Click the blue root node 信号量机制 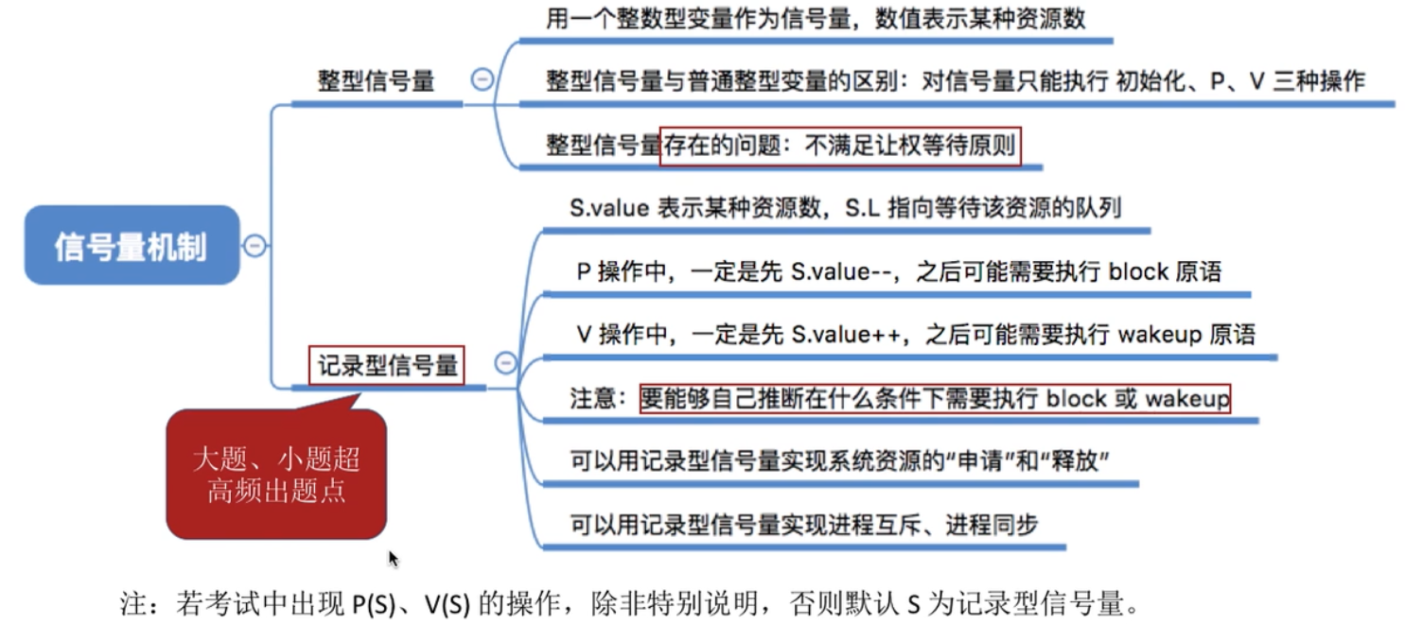[x=131, y=246]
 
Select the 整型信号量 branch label [x=376, y=81]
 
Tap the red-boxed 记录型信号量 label [x=387, y=365]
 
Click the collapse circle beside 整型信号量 [x=483, y=80]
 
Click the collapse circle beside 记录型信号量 [x=506, y=362]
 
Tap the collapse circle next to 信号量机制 [x=255, y=246]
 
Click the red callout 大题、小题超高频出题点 [x=275, y=475]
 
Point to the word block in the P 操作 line [x=1138, y=272]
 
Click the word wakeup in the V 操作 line [x=1160, y=335]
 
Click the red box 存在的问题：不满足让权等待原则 [x=840, y=147]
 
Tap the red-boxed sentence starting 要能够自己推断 [x=935, y=398]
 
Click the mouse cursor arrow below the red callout [x=393, y=559]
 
